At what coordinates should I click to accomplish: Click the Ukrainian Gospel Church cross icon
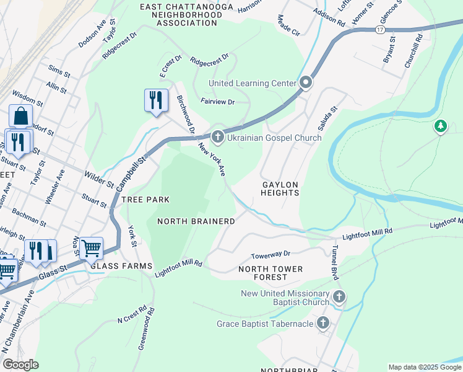pyautogui.click(x=217, y=136)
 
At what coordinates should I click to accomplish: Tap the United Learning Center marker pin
pyautogui.click(x=306, y=82)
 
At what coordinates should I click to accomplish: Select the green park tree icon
pyautogui.click(x=440, y=126)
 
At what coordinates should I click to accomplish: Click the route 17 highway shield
pyautogui.click(x=379, y=30)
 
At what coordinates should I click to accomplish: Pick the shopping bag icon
pyautogui.click(x=20, y=116)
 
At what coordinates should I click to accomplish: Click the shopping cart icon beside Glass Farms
pyautogui.click(x=91, y=248)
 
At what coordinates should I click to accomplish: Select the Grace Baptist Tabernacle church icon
pyautogui.click(x=322, y=322)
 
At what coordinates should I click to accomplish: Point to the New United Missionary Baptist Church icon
pyautogui.click(x=339, y=297)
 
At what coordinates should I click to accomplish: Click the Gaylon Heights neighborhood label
pyautogui.click(x=280, y=189)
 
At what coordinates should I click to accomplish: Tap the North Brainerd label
pyautogui.click(x=196, y=221)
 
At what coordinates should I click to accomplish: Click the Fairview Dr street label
pyautogui.click(x=217, y=102)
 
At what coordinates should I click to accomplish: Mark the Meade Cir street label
pyautogui.click(x=288, y=25)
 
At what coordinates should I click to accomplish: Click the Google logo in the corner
pyautogui.click(x=20, y=365)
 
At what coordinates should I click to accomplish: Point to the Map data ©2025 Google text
pyautogui.click(x=424, y=367)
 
